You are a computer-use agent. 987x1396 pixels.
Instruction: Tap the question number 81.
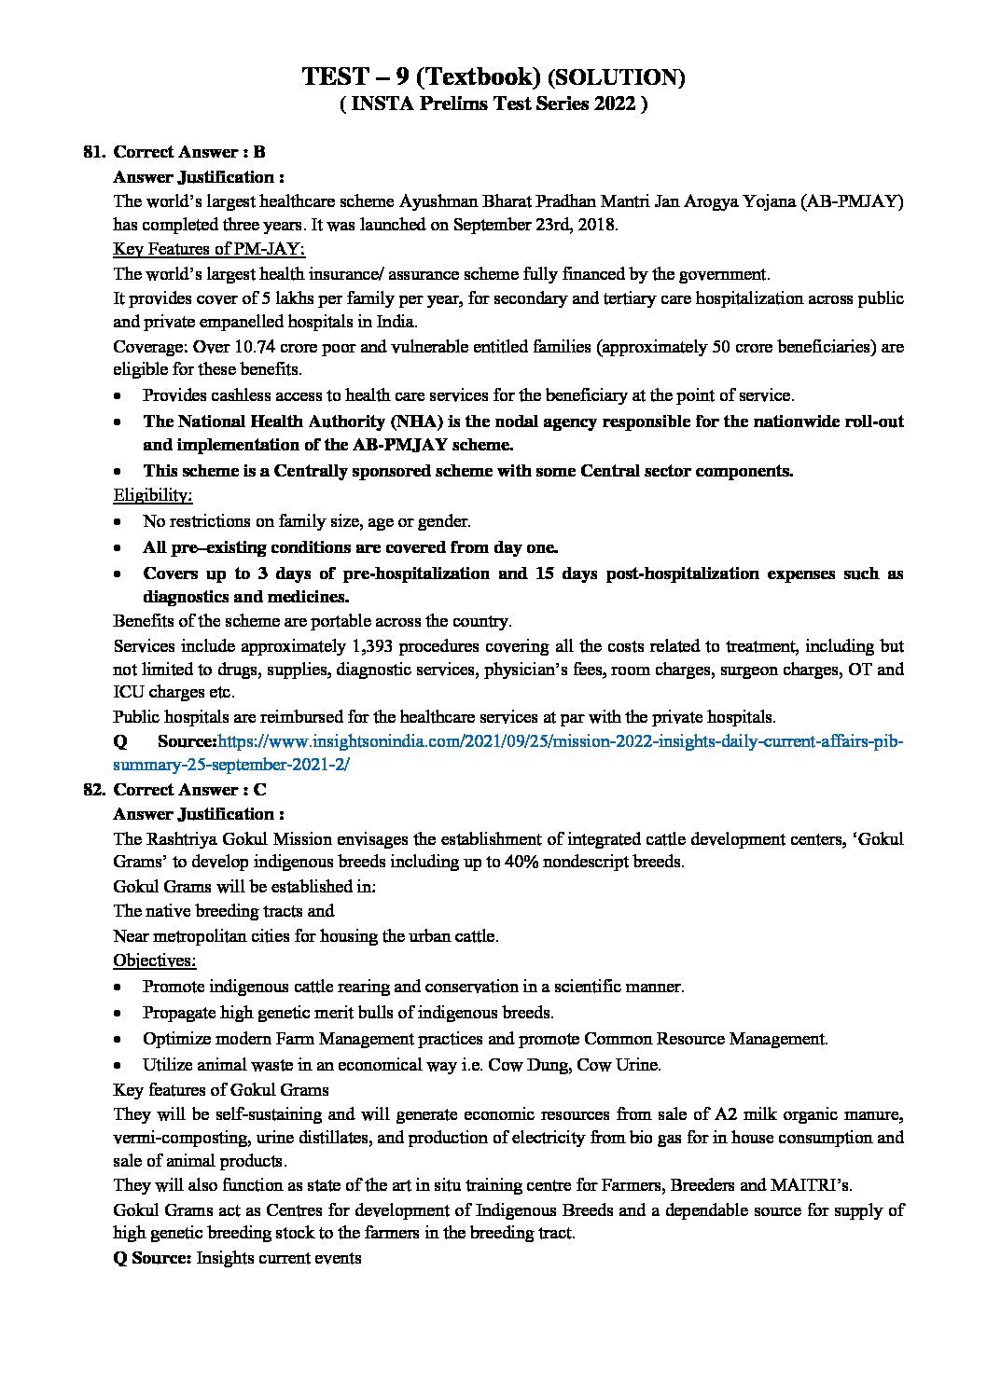click(x=93, y=152)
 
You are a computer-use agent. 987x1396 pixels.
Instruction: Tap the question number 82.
click(x=93, y=789)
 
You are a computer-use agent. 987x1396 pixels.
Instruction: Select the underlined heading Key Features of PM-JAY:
click(x=209, y=249)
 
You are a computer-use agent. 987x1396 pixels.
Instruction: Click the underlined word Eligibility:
click(x=152, y=495)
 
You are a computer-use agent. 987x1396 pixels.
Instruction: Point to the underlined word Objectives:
click(x=154, y=960)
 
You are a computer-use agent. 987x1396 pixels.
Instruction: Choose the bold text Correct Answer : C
click(x=189, y=789)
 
